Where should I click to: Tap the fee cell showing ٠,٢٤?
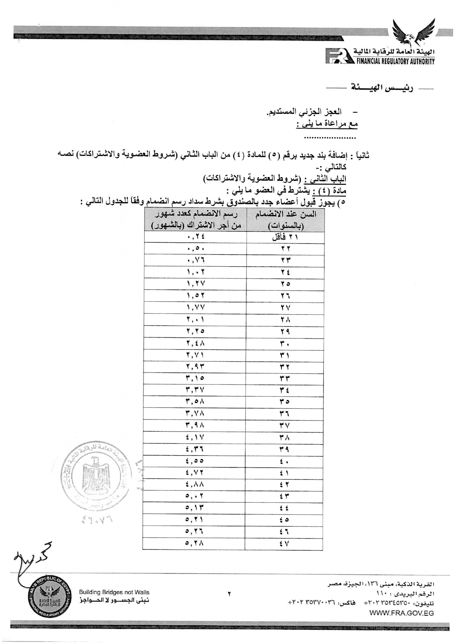(x=195, y=237)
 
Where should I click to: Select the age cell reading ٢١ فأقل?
(x=285, y=237)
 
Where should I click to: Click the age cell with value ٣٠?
(x=285, y=343)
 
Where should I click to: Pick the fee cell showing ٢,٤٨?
(x=195, y=343)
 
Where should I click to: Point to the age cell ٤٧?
(x=284, y=544)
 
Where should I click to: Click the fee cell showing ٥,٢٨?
(x=195, y=543)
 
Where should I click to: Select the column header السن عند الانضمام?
(x=286, y=220)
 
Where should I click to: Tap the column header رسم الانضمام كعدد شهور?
(x=196, y=220)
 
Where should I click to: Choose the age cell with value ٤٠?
(x=284, y=461)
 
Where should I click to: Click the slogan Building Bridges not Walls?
(x=114, y=592)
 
